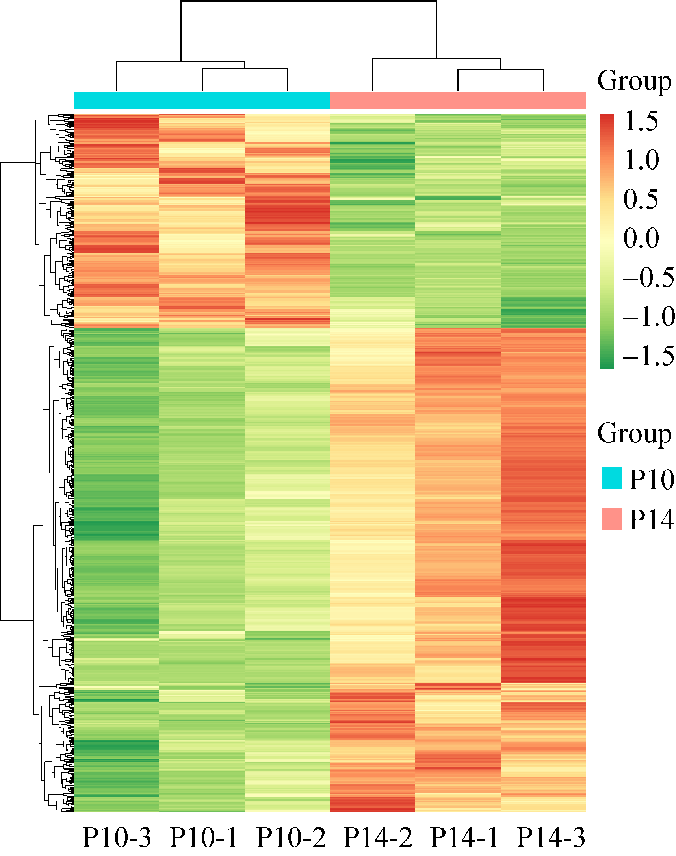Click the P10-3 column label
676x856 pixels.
coord(117,837)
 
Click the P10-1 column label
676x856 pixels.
coord(203,837)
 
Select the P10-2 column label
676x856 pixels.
coord(291,837)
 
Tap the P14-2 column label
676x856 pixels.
coord(378,837)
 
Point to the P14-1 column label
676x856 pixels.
coord(464,837)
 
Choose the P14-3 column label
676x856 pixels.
coord(551,837)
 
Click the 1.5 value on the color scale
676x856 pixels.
coord(641,121)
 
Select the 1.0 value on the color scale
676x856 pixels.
coord(641,160)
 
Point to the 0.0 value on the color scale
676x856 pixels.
coord(641,238)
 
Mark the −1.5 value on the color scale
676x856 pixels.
coord(648,355)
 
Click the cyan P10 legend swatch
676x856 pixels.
coord(611,478)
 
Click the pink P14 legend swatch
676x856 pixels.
coord(611,519)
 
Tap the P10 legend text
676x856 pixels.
coord(651,480)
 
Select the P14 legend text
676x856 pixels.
coord(651,520)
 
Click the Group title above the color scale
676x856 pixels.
coord(634,81)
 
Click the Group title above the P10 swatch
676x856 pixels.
coord(634,434)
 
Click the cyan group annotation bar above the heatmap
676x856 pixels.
coord(202,100)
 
